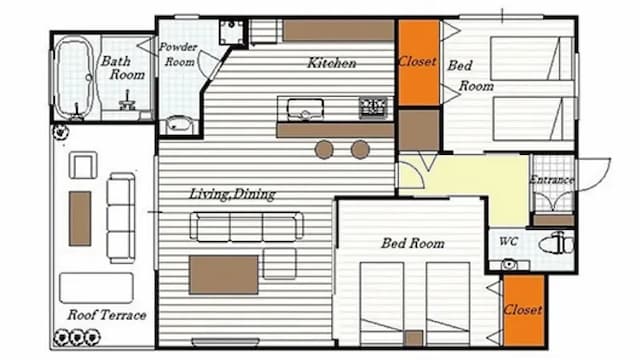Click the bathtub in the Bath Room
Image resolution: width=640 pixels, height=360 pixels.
coord(73,77)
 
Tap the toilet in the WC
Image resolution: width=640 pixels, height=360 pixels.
coord(556,244)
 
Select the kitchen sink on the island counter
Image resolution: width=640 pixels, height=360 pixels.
coord(305,109)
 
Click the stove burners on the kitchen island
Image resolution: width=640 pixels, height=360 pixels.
coord(373,108)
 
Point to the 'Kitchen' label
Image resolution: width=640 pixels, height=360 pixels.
coord(331,63)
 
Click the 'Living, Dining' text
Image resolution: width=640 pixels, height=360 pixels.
coord(232,194)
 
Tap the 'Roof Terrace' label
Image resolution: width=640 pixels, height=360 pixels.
coord(107,315)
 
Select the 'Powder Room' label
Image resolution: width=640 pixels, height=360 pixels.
coord(178,54)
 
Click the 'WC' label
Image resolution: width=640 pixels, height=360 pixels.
coord(508,242)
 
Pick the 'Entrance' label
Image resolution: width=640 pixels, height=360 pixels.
coord(552,180)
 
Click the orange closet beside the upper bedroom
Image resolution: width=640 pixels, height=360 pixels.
coord(419,62)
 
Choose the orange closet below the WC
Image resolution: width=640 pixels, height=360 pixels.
coord(524,310)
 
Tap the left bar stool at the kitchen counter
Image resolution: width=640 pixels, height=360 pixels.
coord(324,149)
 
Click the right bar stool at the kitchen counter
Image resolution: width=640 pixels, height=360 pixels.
coord(360,149)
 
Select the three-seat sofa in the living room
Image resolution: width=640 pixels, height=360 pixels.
coord(247,227)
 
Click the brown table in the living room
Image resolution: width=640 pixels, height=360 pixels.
coord(224,275)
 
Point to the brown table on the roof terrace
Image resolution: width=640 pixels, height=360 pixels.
coord(80,218)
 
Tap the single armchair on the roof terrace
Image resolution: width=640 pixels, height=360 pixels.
coord(83,165)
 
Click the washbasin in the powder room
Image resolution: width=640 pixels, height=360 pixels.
coord(180,124)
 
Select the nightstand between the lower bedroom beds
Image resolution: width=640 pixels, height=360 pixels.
coord(414,338)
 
